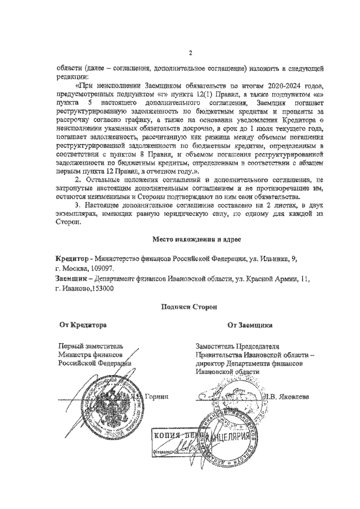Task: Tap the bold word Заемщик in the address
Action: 73,278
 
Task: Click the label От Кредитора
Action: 83,325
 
